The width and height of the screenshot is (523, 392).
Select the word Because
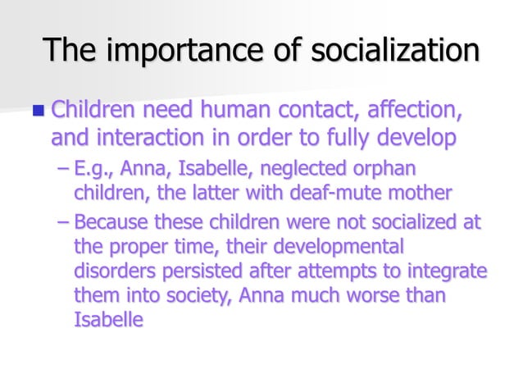point(108,222)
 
